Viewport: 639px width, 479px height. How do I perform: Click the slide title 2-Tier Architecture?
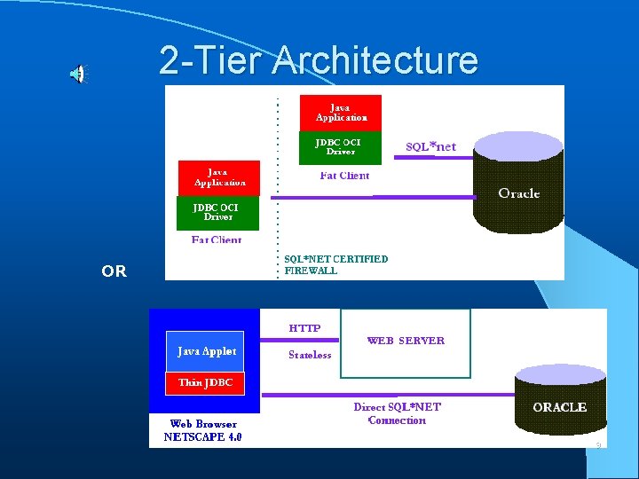[x=319, y=60]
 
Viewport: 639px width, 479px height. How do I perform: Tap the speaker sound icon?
[x=79, y=75]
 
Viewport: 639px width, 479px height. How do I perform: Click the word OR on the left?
[x=114, y=271]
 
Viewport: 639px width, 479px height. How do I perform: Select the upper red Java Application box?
[x=341, y=112]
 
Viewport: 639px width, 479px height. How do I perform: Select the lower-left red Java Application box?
[x=219, y=177]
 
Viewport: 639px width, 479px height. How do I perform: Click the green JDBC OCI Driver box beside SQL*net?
[x=341, y=147]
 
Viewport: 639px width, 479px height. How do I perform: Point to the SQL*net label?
[x=430, y=146]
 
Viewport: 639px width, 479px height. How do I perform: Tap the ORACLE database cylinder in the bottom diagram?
[x=559, y=406]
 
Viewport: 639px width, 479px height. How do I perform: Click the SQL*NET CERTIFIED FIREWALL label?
[x=335, y=264]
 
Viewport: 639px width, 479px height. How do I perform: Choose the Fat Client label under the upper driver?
[x=344, y=176]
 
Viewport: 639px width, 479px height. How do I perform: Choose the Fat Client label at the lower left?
[x=217, y=239]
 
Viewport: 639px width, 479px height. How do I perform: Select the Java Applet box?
[x=207, y=351]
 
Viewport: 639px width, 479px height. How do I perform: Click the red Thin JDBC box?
[x=205, y=382]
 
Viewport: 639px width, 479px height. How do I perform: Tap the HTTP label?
[x=304, y=328]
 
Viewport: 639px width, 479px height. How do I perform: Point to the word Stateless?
[x=310, y=355]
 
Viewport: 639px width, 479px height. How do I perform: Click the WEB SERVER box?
[x=406, y=342]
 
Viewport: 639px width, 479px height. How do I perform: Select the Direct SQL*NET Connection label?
[x=397, y=413]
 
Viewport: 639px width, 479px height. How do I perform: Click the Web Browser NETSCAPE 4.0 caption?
[x=203, y=430]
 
